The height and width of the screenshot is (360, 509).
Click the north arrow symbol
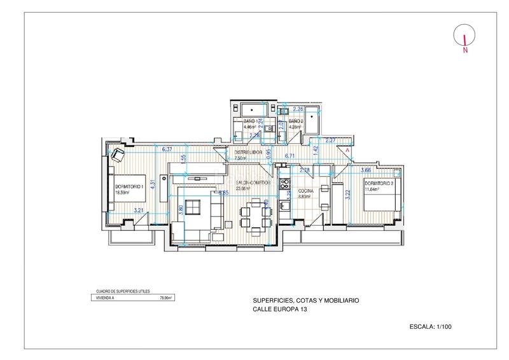tap(466, 38)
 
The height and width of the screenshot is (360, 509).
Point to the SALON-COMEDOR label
tap(253, 183)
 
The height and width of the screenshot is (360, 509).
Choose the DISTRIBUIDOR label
tap(249, 153)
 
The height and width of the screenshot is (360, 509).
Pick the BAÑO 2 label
tap(296, 121)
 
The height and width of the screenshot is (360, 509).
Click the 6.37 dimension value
tap(168, 149)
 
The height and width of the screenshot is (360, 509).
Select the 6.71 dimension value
tap(290, 155)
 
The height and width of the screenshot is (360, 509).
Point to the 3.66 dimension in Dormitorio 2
tap(366, 170)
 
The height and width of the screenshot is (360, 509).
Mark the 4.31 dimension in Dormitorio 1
tap(153, 183)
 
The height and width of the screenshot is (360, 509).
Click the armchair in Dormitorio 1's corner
tap(118, 154)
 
